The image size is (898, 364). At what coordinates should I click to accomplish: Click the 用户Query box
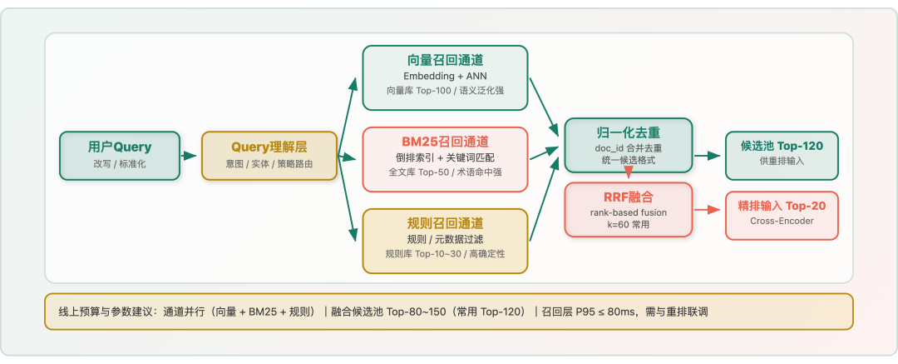click(x=120, y=156)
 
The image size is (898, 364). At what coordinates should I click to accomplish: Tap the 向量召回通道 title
click(x=445, y=60)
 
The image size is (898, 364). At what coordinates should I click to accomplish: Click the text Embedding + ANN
click(x=445, y=76)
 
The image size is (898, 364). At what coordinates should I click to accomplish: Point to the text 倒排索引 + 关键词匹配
click(x=445, y=157)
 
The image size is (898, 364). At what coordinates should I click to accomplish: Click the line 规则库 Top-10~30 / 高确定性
click(x=445, y=254)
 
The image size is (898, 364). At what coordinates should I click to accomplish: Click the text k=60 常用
click(x=628, y=226)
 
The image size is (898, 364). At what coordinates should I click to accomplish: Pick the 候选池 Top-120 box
click(x=782, y=155)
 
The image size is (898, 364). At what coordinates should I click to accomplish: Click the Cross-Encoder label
click(x=782, y=222)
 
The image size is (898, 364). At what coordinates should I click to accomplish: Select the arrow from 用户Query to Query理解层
click(x=190, y=156)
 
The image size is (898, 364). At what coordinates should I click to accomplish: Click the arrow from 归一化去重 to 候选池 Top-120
click(x=708, y=156)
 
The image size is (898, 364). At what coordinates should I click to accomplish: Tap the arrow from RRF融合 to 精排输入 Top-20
click(x=707, y=210)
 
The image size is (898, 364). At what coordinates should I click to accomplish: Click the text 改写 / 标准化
click(x=120, y=164)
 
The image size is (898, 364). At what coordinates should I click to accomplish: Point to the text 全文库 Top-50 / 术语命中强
click(x=445, y=172)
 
